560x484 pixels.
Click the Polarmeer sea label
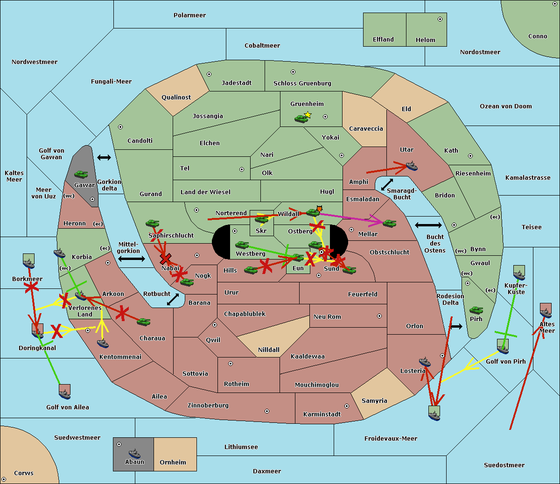pos(189,15)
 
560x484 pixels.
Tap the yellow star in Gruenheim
pos(308,115)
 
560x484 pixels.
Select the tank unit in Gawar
pos(81,174)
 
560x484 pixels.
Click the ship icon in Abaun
pos(134,453)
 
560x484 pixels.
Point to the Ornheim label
pos(173,462)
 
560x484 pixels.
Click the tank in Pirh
pos(476,310)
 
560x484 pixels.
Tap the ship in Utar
pos(412,166)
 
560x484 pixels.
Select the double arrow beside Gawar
pos(104,157)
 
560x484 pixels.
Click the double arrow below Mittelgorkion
pos(132,259)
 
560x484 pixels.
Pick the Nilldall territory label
pos(268,350)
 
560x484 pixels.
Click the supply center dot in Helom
pos(440,19)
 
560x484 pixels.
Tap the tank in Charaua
pos(143,322)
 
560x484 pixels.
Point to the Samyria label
pos(374,401)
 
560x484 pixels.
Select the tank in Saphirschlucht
pos(152,223)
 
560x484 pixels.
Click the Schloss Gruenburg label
pos(302,83)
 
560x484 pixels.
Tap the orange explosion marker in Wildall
pos(319,209)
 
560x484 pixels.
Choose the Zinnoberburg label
pos(208,406)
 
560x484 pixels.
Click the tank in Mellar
pos(389,223)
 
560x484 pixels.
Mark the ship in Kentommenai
pos(103,344)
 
